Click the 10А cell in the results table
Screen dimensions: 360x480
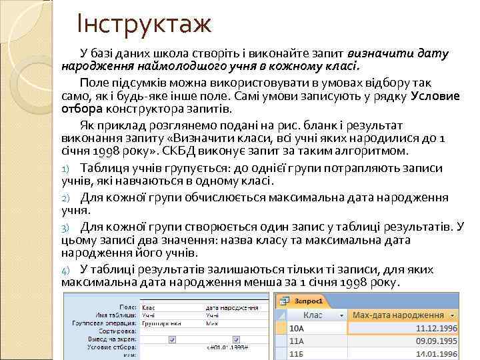click(297, 328)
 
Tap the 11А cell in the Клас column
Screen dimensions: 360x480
click(297, 340)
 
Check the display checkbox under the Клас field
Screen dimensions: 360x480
click(173, 339)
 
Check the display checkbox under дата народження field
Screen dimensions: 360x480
click(237, 339)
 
